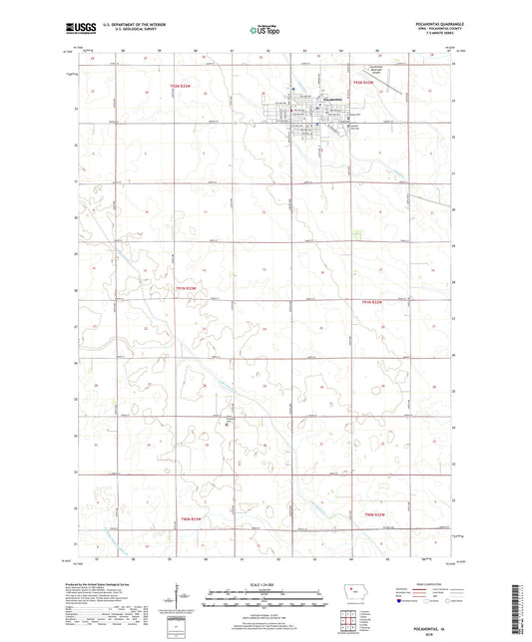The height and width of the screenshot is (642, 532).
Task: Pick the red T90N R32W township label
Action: point(371,302)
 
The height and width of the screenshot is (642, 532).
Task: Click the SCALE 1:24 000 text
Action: point(266,584)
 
